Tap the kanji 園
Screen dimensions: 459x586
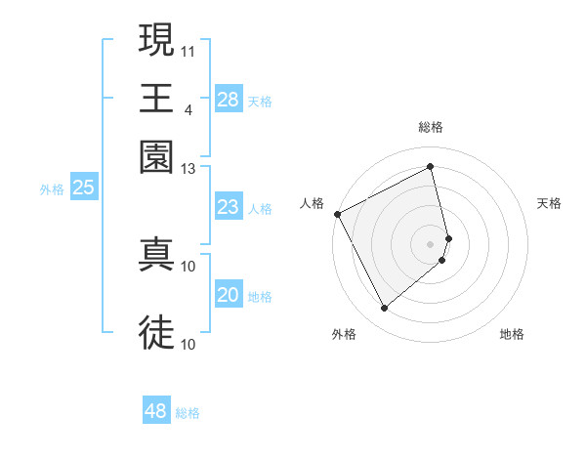tap(156, 156)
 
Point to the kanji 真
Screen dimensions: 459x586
tap(156, 253)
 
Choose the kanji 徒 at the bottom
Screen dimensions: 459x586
tap(156, 332)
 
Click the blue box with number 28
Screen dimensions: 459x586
tap(228, 100)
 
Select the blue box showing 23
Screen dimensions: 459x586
tap(228, 207)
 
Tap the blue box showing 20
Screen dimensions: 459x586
tap(228, 296)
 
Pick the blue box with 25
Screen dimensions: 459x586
tap(83, 188)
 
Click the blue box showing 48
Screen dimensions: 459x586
tap(156, 411)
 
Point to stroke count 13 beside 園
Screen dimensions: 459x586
tap(188, 168)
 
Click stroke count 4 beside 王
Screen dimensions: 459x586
tap(188, 109)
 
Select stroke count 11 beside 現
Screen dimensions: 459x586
tap(188, 49)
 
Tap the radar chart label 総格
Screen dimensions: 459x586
tap(431, 127)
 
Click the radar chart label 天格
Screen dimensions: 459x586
tap(549, 203)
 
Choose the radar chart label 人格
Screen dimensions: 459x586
tap(313, 203)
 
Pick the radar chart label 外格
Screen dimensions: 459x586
tap(344, 334)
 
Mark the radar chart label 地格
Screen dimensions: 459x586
tap(512, 334)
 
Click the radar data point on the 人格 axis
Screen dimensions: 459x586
tap(337, 214)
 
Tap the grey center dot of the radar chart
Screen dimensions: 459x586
tap(431, 243)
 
